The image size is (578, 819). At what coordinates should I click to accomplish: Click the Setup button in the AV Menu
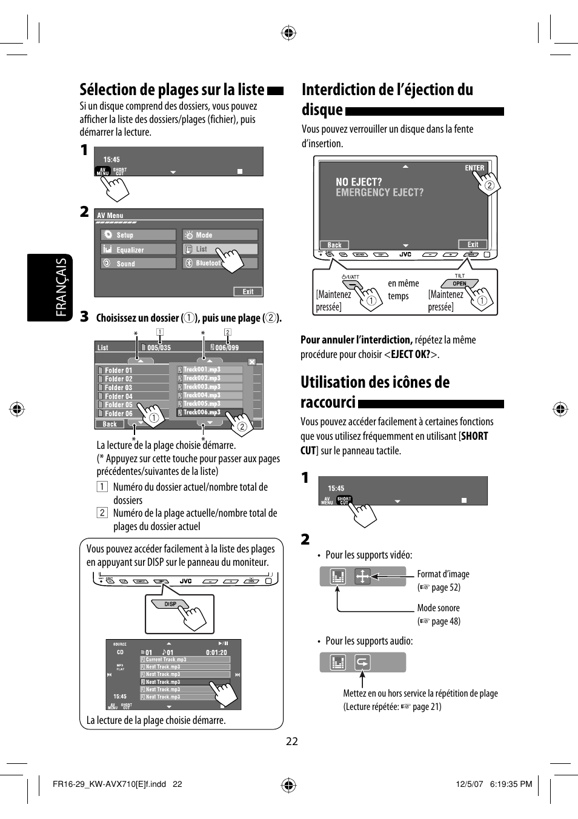(138, 235)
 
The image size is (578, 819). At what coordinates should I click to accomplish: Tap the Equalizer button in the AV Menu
(138, 250)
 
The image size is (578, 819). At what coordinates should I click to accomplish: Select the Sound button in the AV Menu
(138, 264)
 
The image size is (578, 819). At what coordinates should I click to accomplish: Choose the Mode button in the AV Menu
(220, 235)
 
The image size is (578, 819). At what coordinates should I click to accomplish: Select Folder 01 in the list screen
(132, 370)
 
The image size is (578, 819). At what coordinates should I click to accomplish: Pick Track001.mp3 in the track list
(210, 370)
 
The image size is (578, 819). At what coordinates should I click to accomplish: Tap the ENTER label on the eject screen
(474, 168)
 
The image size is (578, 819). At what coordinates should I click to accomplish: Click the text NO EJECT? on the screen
(359, 182)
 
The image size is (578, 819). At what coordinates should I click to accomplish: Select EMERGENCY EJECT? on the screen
(380, 193)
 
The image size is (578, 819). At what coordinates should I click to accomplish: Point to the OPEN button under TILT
(460, 283)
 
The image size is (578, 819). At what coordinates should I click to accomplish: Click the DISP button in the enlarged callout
(171, 604)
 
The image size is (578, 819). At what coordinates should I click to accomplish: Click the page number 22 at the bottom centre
(292, 741)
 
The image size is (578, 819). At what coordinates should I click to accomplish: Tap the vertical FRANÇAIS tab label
(61, 287)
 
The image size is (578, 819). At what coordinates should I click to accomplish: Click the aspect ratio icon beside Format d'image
(362, 576)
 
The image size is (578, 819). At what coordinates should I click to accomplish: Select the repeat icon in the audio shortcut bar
(362, 663)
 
